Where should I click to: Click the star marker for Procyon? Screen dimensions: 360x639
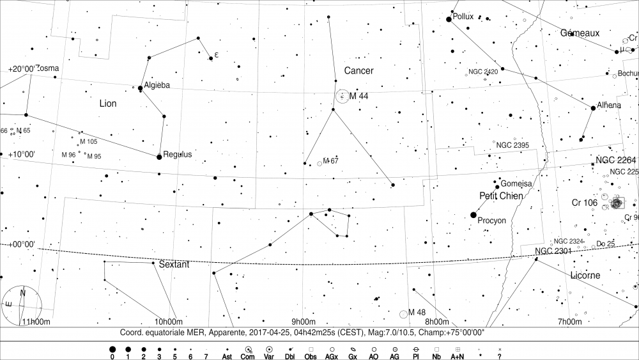(x=473, y=214)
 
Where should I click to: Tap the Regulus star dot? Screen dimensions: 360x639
(x=159, y=157)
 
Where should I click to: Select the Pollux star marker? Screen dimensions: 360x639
(x=449, y=19)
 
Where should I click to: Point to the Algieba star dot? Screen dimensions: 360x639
(x=141, y=88)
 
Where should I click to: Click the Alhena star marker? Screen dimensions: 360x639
(x=593, y=109)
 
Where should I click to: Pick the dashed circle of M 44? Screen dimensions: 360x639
(x=343, y=96)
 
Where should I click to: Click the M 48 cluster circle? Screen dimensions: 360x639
(x=403, y=314)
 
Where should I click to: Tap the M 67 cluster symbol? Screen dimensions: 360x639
(x=319, y=164)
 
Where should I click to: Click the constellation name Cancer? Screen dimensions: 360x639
(x=358, y=71)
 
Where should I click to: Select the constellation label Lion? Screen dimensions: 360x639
(x=108, y=103)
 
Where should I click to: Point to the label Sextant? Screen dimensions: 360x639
(x=174, y=264)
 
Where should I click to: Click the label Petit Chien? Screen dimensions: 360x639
(x=501, y=196)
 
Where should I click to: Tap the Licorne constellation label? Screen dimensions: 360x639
(x=584, y=276)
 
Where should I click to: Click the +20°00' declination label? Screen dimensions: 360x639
(x=21, y=69)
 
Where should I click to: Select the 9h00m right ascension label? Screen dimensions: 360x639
(x=304, y=321)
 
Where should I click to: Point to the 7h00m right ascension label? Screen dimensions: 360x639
(x=568, y=321)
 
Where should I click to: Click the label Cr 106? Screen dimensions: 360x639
(x=584, y=203)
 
